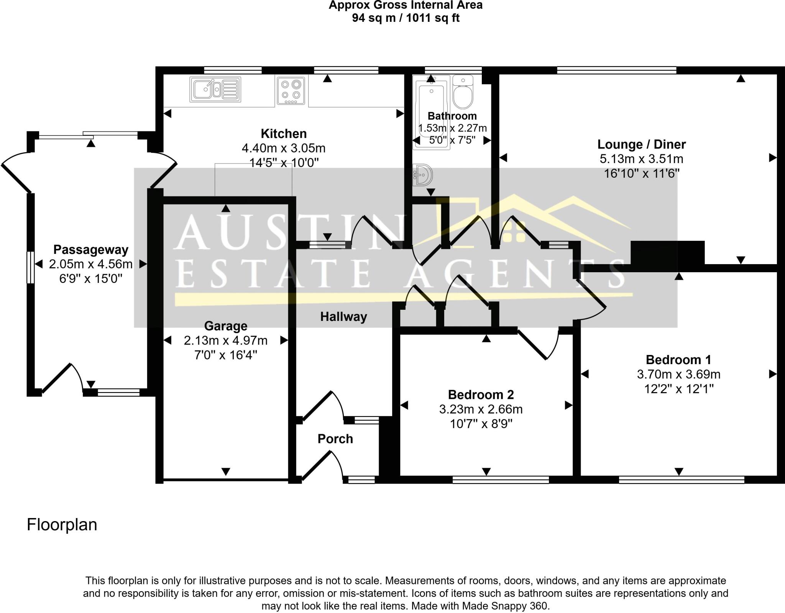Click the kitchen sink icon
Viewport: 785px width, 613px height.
pos(215,90)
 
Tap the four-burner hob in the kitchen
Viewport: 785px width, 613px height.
pos(291,91)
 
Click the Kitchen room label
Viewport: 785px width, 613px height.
pos(284,134)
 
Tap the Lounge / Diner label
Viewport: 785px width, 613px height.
pos(641,144)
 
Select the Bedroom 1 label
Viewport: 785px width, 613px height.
pos(678,360)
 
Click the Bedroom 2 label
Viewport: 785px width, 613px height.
pos(481,394)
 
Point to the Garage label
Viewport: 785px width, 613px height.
pos(225,326)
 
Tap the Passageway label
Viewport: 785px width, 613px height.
pos(91,250)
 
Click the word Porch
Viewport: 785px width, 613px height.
pos(335,439)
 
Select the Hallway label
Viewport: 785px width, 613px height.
pos(343,317)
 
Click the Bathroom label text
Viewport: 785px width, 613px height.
pos(452,116)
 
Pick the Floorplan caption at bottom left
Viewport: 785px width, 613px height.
pos(62,525)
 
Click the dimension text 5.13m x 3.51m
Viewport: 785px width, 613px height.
pos(641,159)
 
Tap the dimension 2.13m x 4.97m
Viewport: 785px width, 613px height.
pos(225,340)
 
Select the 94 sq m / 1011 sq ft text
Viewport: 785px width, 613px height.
pos(406,18)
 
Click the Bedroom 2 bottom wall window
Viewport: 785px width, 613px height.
pos(501,480)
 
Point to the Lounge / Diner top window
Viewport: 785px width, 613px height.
pos(616,70)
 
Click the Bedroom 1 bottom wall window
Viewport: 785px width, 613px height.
pos(682,480)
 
